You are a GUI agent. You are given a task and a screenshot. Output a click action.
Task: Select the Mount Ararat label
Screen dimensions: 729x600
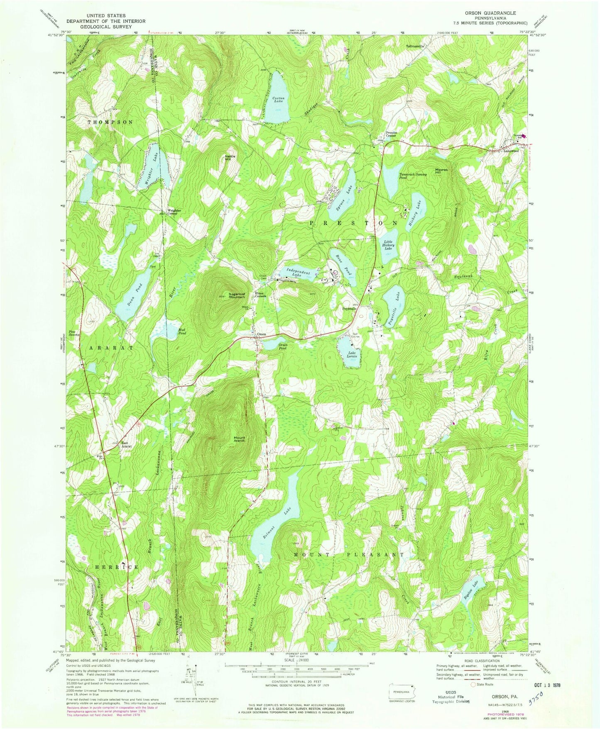(239, 439)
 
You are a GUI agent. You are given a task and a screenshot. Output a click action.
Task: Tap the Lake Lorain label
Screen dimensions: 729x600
(348, 355)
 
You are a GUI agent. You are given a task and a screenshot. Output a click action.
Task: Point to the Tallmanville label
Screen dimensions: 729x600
(415, 46)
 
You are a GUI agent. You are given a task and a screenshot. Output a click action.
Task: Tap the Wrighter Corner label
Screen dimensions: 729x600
(174, 212)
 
